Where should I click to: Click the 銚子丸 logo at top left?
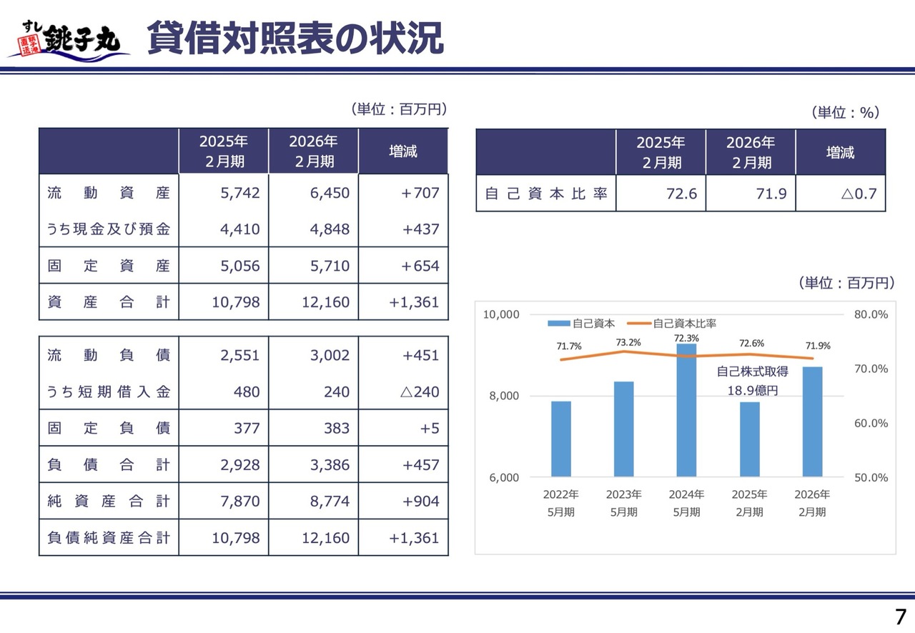(69, 40)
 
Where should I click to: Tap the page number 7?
(900, 617)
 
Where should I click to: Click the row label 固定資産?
(109, 266)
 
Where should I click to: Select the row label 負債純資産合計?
(109, 538)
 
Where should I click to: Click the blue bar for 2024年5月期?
(686, 410)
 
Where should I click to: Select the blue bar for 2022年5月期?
(561, 439)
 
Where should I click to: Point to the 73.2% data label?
(628, 342)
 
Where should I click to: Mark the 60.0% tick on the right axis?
(871, 423)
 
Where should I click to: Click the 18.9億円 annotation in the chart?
(752, 391)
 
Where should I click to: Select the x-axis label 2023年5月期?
(624, 503)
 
